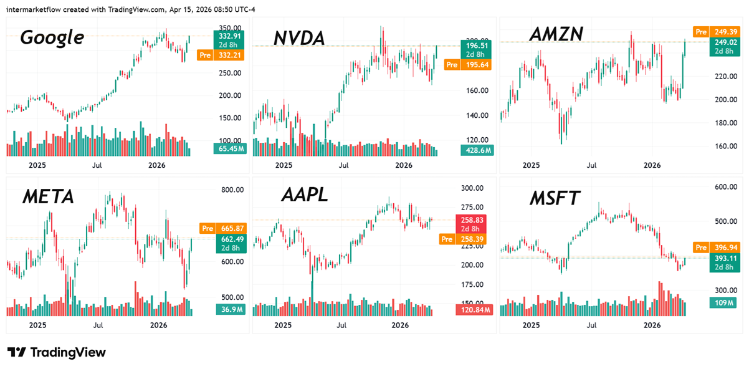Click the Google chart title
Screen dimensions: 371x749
click(x=52, y=37)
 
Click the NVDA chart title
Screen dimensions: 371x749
click(x=299, y=38)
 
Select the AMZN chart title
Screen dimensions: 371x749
click(x=555, y=35)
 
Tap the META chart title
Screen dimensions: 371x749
click(x=48, y=197)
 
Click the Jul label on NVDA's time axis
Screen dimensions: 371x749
click(x=343, y=165)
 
